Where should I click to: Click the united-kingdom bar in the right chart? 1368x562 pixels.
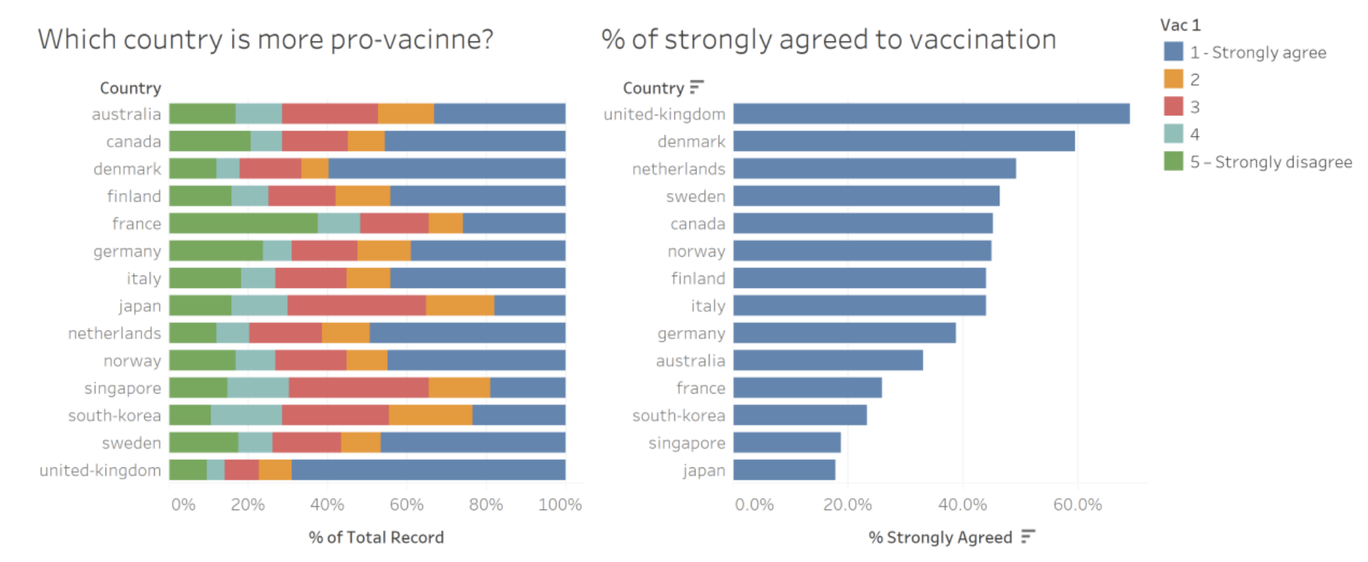coord(931,114)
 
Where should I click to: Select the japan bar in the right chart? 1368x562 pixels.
coord(784,470)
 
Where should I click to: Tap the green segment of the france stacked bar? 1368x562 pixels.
coord(244,224)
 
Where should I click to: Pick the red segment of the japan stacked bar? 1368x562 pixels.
coord(356,306)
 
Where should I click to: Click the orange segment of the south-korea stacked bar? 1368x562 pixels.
coord(431,416)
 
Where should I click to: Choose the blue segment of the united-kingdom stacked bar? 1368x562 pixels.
coord(428,470)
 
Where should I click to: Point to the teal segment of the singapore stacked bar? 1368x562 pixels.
coord(258,388)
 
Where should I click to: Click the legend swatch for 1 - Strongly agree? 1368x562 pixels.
coord(1173,52)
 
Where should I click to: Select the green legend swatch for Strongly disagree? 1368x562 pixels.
coord(1173,162)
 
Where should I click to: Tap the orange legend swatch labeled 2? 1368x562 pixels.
coord(1173,79)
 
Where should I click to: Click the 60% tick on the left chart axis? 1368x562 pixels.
coord(407,505)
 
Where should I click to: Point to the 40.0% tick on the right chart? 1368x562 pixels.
coord(962,505)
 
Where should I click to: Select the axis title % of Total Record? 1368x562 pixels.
coord(376,537)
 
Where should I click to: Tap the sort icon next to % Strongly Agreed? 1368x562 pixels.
coord(1028,536)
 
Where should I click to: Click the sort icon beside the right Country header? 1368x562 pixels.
coord(696,87)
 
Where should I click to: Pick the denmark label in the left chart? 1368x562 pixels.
coord(128,169)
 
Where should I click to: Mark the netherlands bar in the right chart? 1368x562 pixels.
coord(874,168)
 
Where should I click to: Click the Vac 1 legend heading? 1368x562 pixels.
coord(1180,26)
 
